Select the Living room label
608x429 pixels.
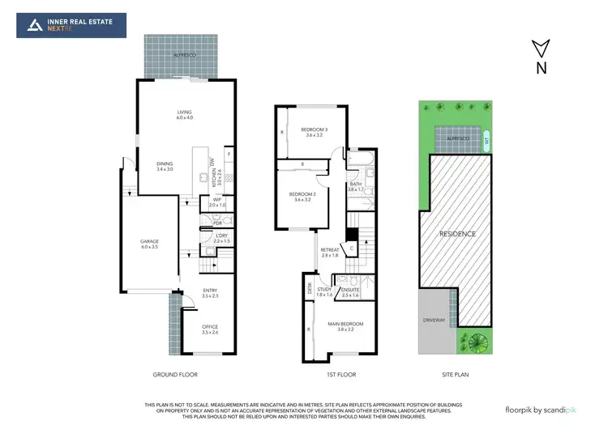click(x=185, y=114)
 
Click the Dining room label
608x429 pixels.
click(x=165, y=166)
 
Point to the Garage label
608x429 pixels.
click(x=149, y=244)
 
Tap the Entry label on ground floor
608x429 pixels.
click(x=209, y=293)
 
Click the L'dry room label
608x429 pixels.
click(x=221, y=238)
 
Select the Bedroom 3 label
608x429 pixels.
click(x=314, y=132)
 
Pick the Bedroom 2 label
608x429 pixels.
click(x=302, y=196)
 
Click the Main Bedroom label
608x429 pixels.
click(x=346, y=327)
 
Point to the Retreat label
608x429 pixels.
click(x=330, y=252)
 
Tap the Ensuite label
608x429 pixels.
click(x=352, y=291)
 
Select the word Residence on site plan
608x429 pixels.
click(x=458, y=234)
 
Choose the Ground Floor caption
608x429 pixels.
click(x=175, y=375)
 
